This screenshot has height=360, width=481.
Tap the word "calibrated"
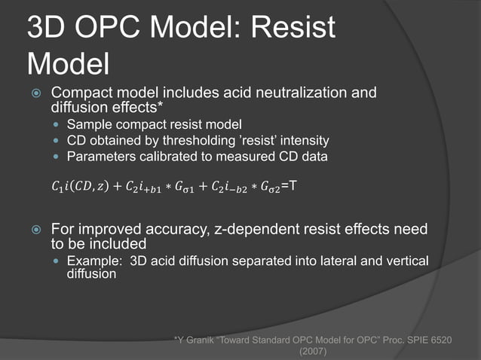162,156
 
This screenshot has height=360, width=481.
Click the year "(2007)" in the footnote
312,352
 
